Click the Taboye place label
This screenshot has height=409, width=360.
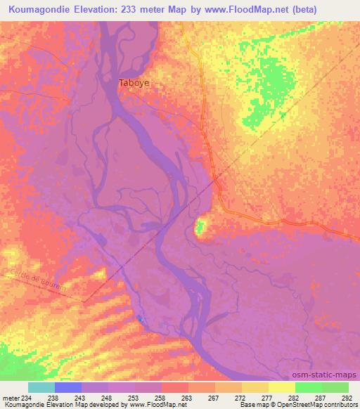134,82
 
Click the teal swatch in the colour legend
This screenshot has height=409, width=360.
41,387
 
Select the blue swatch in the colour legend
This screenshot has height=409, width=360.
68,387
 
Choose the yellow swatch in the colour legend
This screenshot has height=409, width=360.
281,387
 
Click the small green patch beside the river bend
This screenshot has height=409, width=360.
200,227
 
